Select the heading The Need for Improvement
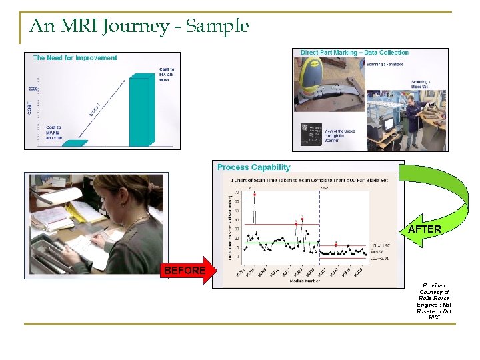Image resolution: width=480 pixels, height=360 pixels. (75, 58)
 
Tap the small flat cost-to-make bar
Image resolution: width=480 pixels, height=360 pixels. (74, 143)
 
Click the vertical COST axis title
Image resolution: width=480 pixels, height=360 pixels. (29, 107)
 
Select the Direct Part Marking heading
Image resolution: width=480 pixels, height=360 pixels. (354, 53)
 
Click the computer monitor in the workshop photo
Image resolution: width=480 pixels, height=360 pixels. (387, 124)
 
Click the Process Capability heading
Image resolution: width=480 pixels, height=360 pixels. (253, 167)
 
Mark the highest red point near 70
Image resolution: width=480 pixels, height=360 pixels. (254, 194)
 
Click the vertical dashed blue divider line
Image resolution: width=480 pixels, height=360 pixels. (320, 227)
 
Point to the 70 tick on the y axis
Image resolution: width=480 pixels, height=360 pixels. (238, 193)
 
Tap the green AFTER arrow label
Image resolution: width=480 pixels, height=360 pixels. (424, 229)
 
